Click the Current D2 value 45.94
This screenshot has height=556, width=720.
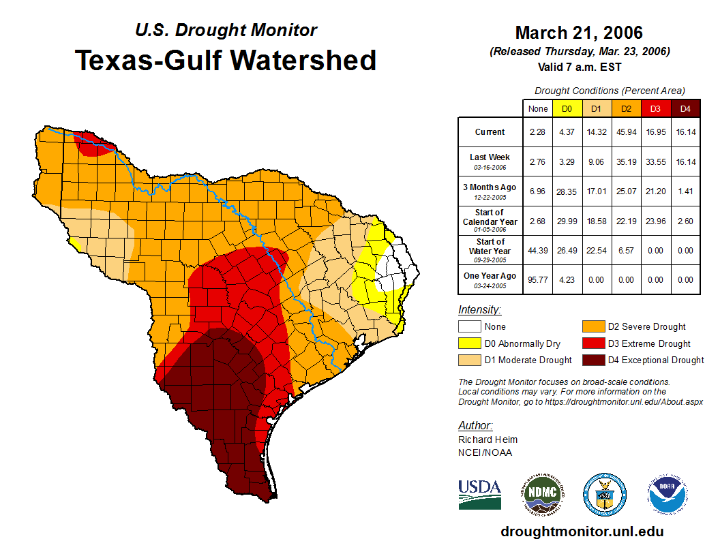pos(627,132)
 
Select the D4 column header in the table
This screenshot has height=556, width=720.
pos(685,109)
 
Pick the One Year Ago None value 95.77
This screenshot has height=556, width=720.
pos(538,279)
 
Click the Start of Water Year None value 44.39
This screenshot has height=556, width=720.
pos(538,250)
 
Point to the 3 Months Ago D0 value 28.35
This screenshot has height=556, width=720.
pos(567,191)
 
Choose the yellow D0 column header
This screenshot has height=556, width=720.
pos(567,109)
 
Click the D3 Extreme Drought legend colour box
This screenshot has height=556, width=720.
pos(592,343)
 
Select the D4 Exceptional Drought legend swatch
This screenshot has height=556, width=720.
pos(592,360)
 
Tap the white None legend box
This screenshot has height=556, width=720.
pos(468,327)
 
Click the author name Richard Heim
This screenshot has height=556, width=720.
pos(487,439)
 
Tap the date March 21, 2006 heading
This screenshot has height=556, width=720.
pos(579,33)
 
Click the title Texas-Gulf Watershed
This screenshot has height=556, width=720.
pos(226,60)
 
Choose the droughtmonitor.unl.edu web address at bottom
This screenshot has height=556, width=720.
pos(582,531)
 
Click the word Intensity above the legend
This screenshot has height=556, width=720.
pos(479,310)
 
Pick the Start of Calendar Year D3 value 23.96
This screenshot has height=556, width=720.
pos(656,221)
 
